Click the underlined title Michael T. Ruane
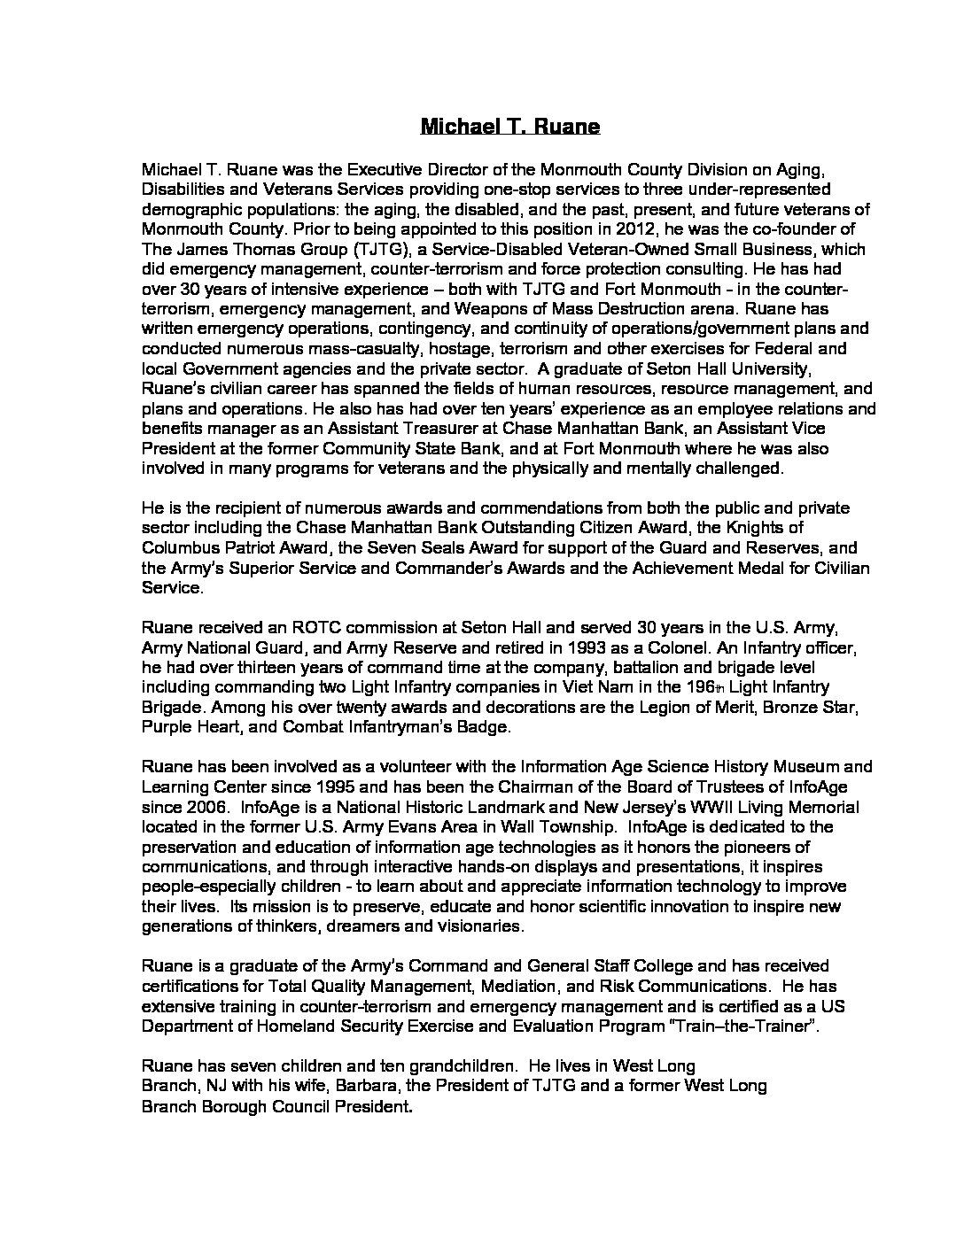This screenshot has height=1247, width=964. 509,126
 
